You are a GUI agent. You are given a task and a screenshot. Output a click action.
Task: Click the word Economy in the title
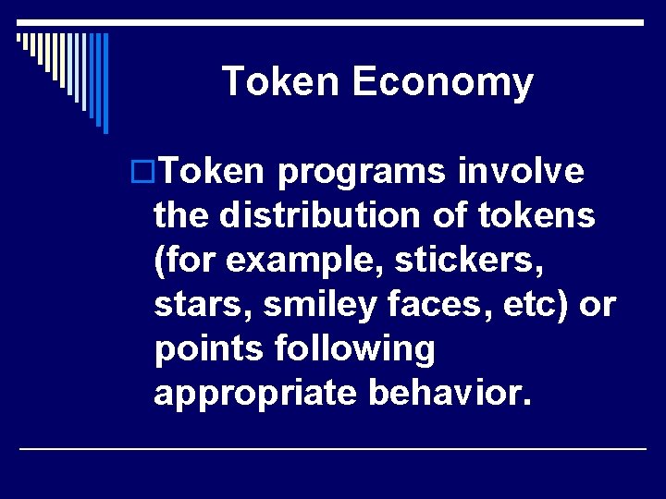[442, 83]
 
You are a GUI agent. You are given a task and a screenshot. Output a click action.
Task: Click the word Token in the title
[282, 81]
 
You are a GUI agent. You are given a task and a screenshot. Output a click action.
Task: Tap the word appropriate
[255, 394]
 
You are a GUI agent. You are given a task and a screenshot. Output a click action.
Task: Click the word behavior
[450, 394]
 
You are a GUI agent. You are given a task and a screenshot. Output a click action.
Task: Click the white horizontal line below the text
[333, 448]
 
